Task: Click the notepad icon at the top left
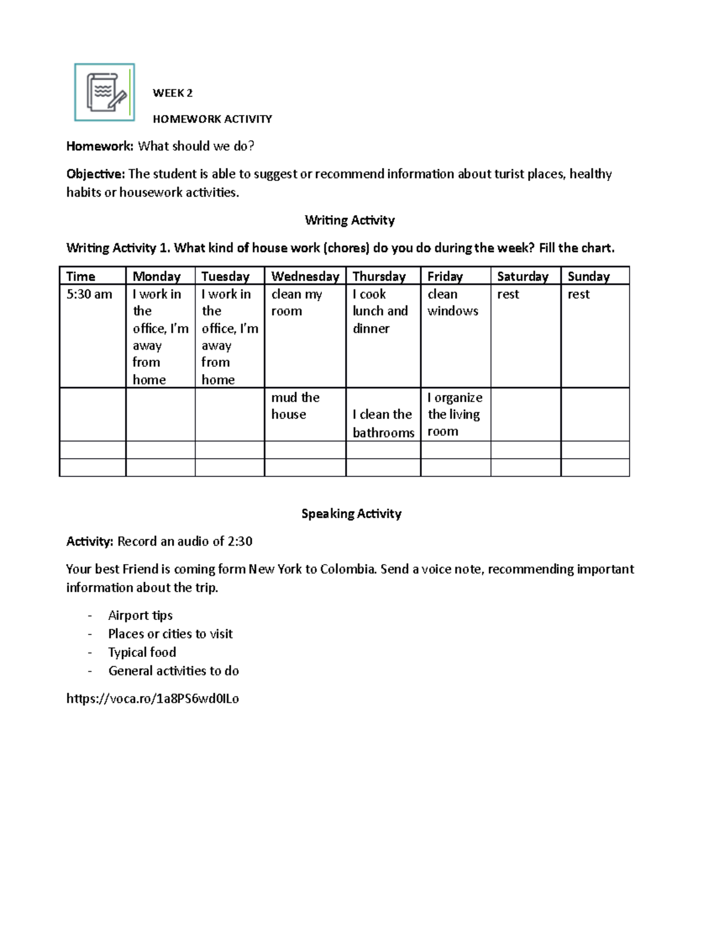tap(105, 92)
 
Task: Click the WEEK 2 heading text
tap(173, 93)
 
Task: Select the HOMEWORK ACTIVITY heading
tap(212, 119)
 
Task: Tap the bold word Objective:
tap(96, 174)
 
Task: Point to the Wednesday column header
tap(305, 276)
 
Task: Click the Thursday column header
tap(379, 276)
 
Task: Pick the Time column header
tap(81, 276)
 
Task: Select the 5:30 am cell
tap(89, 294)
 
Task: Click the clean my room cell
tap(296, 303)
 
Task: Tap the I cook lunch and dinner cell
tap(380, 311)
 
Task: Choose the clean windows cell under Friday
tap(453, 303)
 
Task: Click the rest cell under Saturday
tap(508, 294)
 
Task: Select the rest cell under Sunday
tap(578, 294)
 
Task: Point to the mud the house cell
tap(296, 406)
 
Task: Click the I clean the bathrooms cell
tap(383, 423)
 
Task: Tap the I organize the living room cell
tap(455, 415)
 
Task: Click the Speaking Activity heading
tap(351, 513)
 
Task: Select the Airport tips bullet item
tap(140, 615)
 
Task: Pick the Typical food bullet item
tap(142, 652)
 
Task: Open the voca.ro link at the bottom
tap(152, 699)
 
